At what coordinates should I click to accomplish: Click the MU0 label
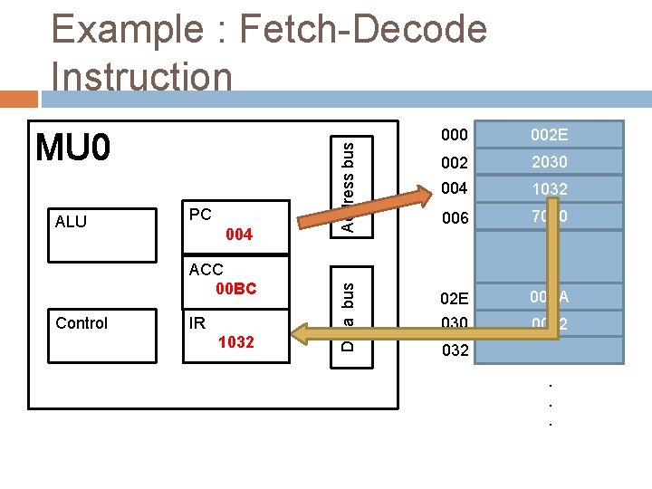click(72, 147)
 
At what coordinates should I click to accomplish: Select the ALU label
click(71, 221)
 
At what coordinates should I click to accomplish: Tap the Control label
click(81, 323)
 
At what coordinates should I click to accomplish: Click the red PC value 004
click(238, 235)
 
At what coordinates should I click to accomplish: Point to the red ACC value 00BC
click(235, 289)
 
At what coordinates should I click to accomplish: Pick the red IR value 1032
click(236, 342)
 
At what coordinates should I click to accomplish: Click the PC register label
click(200, 215)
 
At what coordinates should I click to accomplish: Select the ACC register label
click(206, 270)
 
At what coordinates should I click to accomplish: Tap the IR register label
click(197, 323)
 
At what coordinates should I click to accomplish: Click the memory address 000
click(454, 135)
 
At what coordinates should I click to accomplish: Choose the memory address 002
click(454, 162)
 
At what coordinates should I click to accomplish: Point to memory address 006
click(454, 217)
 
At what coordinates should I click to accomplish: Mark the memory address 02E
click(455, 297)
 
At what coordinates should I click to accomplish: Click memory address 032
click(455, 350)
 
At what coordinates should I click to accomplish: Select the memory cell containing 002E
click(550, 135)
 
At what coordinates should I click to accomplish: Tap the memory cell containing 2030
click(550, 162)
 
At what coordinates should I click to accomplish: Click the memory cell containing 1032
click(550, 189)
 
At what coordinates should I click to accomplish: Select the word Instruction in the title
click(142, 76)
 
